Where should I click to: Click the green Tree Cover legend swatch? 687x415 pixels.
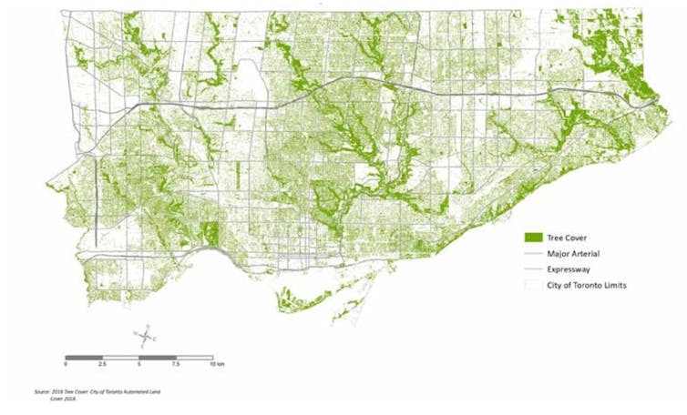[532, 238]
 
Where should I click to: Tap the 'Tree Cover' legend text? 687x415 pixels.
[567, 238]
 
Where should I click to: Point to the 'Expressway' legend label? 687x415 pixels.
[569, 269]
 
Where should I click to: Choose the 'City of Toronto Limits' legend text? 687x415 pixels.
[588, 285]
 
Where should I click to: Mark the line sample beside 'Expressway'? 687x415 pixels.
[532, 269]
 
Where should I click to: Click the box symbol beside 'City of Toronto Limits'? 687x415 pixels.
[532, 285]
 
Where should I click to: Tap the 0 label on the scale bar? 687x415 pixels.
[66, 363]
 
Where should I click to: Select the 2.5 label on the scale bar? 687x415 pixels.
[102, 363]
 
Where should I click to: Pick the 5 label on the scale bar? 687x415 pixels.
[139, 363]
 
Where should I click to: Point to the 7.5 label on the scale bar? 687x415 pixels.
[175, 363]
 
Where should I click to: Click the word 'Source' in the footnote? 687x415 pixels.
[42, 392]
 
